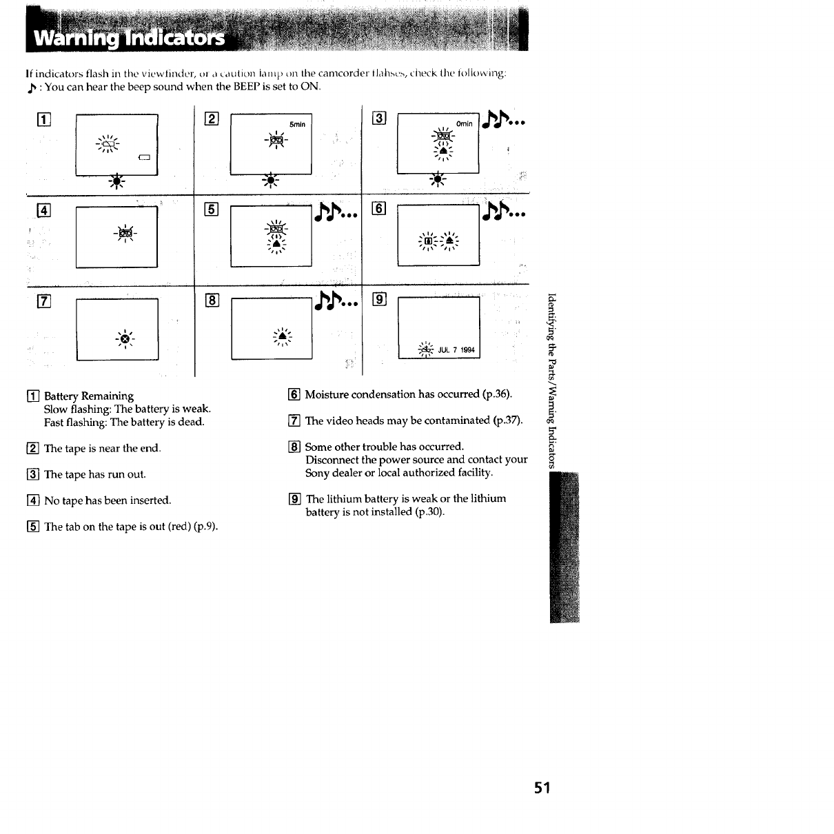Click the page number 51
542,788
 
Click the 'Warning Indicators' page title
130,37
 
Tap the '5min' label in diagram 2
297,125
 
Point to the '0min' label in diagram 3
465,124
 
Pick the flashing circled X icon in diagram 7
125,339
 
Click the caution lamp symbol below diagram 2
271,181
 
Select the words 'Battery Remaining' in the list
89,396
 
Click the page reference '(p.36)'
496,394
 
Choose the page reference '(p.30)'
429,512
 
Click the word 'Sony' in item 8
318,473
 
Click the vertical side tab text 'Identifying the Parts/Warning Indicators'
552,380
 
